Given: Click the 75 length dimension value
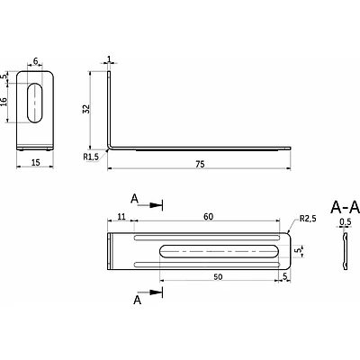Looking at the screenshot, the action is click(200, 164).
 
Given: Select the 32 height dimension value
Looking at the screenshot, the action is click(86, 109).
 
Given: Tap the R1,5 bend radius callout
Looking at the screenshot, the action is click(91, 157).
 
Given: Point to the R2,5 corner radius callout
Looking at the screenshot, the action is click(308, 219).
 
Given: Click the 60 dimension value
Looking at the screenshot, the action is click(208, 216).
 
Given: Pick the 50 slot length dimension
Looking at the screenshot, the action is click(218, 276).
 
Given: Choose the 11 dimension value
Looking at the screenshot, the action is click(121, 216).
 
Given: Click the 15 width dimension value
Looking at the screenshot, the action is click(35, 163).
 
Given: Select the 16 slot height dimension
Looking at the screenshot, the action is click(4, 102).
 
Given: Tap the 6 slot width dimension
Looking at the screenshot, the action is click(35, 61).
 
